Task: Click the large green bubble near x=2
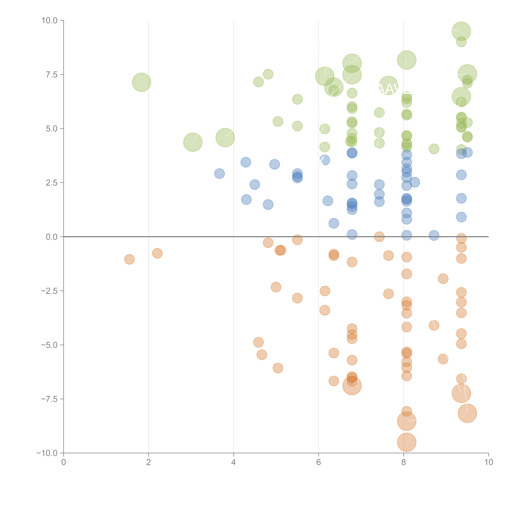click(x=142, y=82)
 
